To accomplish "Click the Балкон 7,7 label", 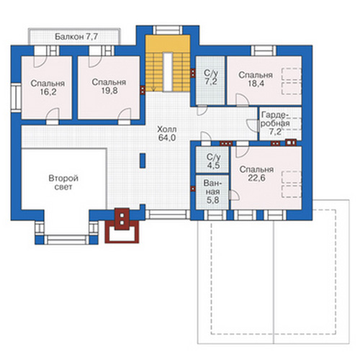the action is (x=76, y=37).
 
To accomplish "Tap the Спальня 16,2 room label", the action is (x=48, y=88).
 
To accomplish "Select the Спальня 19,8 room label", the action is (x=109, y=86).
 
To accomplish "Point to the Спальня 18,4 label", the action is (x=256, y=79).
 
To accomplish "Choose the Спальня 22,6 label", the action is (x=256, y=174).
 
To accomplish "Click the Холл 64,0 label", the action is (x=167, y=133).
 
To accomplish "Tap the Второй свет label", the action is (x=63, y=183).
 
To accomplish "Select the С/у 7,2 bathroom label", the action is (x=211, y=77).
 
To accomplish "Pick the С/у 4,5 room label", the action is (x=213, y=161).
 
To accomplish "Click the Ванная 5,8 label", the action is (x=212, y=192).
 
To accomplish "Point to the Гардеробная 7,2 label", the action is (x=275, y=124).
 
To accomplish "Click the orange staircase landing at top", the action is (x=168, y=43).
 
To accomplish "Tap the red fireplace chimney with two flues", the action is (x=122, y=219).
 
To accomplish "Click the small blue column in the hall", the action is (x=143, y=161).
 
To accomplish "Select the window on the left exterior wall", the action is (x=16, y=98).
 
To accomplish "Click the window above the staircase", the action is (x=168, y=30).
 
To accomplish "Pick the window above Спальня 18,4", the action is (x=264, y=50).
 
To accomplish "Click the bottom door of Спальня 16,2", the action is (x=53, y=117).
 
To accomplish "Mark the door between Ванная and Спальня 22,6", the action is (x=234, y=195).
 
